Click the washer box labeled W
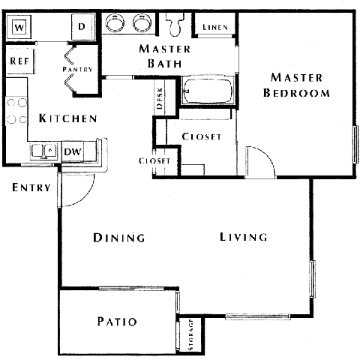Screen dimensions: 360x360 [19, 28]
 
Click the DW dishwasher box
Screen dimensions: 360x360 [73, 152]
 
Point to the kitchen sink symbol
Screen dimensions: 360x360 [43, 151]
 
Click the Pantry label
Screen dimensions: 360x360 [77, 70]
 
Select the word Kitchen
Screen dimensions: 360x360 [67, 118]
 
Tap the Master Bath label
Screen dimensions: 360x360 [165, 56]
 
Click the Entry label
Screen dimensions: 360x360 [31, 187]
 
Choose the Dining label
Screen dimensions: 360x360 [118, 238]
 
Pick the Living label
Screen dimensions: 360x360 [244, 238]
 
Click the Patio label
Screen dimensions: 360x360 [117, 322]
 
